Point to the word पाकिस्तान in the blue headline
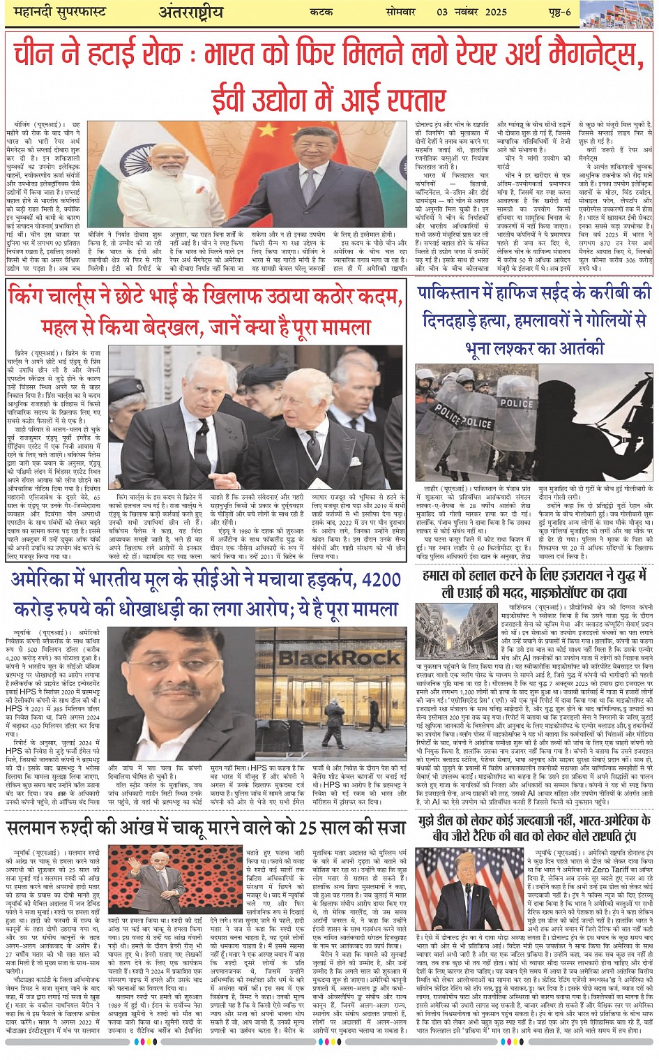[x=458, y=293]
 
